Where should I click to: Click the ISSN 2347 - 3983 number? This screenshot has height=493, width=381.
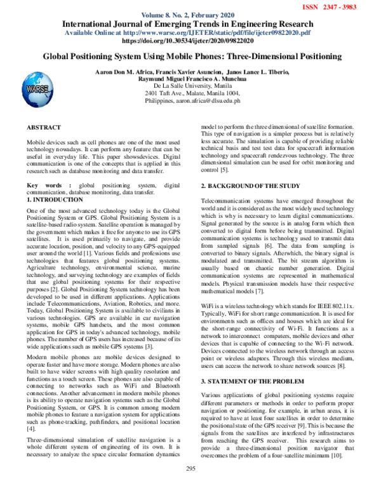click(x=347, y=6)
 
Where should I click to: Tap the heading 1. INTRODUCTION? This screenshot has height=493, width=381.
click(x=55, y=199)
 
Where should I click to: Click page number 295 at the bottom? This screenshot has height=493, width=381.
click(x=190, y=486)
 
